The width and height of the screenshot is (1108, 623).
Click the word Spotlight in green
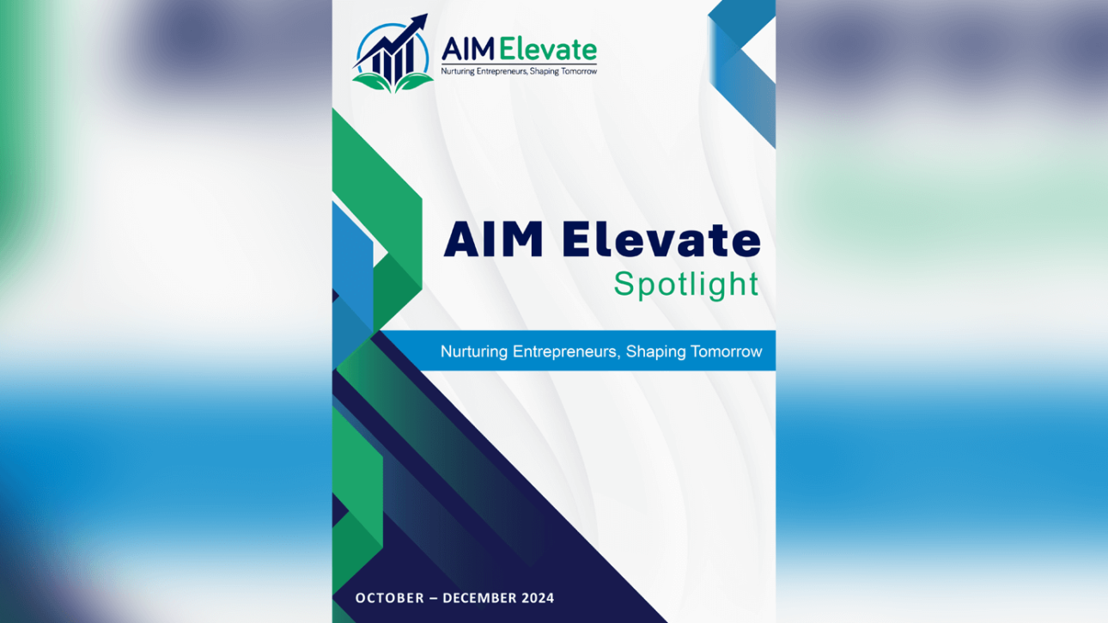686,285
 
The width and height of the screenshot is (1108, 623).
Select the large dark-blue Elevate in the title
661,240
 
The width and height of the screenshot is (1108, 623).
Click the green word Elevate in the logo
548,50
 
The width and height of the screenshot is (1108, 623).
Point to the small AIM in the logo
468,50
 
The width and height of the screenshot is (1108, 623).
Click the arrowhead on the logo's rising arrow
418,22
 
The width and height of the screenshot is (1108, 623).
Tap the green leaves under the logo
393,83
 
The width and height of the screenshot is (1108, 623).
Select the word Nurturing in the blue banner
474,351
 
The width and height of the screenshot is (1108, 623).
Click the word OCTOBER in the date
390,598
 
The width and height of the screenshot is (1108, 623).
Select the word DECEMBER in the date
478,598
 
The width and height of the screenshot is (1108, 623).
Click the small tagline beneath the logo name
519,71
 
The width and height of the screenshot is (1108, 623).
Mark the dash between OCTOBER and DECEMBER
433,598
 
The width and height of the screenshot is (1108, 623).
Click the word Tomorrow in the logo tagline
579,71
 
